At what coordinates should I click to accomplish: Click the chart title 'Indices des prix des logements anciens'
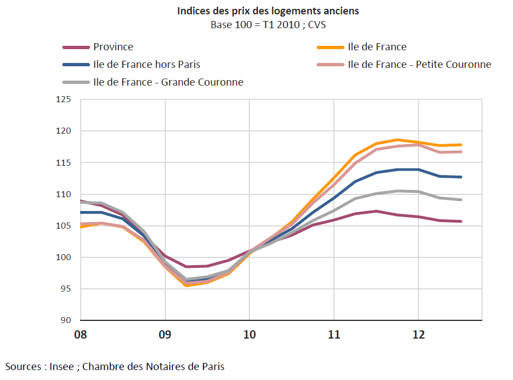(268, 11)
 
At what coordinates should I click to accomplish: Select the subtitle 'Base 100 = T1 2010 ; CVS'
(268, 25)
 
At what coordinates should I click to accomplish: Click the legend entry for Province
(113, 47)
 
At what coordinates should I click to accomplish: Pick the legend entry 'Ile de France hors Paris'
(146, 65)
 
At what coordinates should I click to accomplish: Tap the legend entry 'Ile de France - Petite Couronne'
(419, 65)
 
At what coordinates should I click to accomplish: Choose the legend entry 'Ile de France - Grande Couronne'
(168, 82)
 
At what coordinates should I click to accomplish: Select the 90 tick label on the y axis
(66, 320)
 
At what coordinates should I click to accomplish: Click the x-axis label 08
(81, 334)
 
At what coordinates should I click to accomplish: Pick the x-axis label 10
(249, 334)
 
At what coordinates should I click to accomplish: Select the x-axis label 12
(418, 334)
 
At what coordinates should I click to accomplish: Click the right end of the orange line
(460, 145)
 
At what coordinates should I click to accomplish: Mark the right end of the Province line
(460, 221)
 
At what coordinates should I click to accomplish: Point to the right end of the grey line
(460, 199)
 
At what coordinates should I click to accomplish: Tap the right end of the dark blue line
(460, 177)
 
